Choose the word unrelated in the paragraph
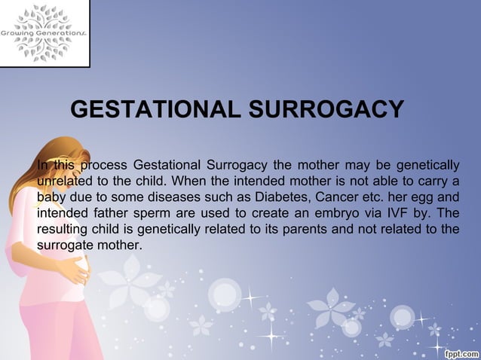(65, 181)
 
